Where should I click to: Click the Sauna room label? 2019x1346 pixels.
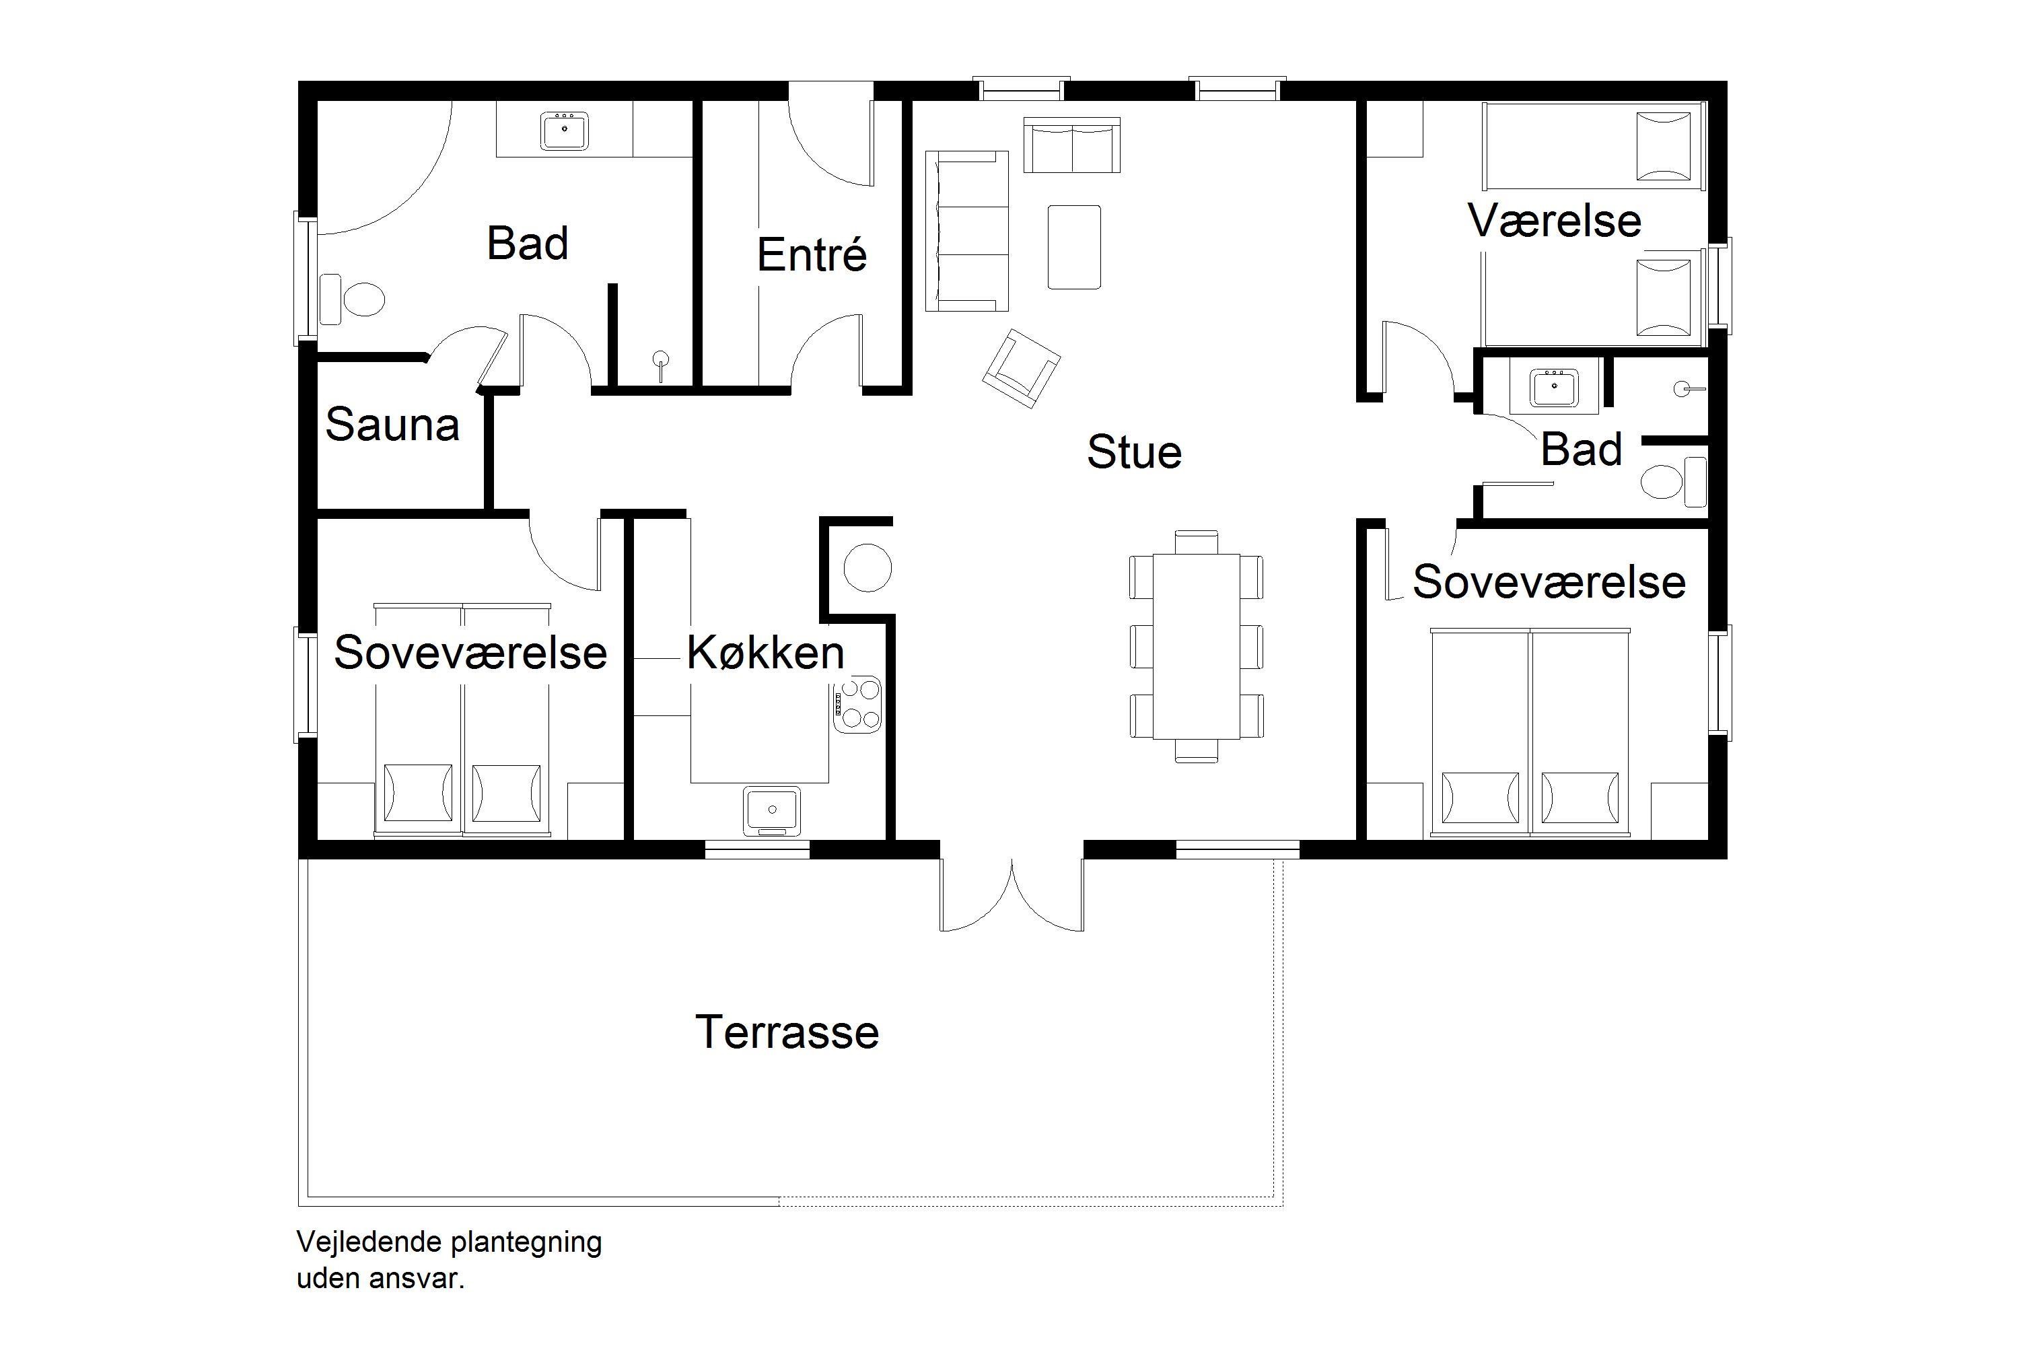coord(392,424)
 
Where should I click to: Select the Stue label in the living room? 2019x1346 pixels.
coord(1134,452)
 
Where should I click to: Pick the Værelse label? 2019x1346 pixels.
coord(1555,221)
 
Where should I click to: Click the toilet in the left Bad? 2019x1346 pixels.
coord(352,299)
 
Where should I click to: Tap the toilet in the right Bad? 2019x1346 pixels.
coord(1673,482)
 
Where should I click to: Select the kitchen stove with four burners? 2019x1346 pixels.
coord(857,705)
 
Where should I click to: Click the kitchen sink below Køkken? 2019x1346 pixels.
coord(772,810)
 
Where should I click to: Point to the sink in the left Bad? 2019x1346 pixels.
coord(565,131)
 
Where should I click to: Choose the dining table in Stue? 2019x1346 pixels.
coord(1196,645)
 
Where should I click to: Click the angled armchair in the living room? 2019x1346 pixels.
coord(1021,367)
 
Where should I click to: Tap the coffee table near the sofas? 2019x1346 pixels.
coord(1074,246)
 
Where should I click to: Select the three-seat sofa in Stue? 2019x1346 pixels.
coord(966,230)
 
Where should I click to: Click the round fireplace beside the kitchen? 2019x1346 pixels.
coord(867,567)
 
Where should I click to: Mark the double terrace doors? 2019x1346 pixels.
coord(1012,894)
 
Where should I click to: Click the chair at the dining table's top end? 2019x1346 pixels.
coord(1196,542)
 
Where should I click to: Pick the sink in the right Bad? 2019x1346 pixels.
coord(1554,387)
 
